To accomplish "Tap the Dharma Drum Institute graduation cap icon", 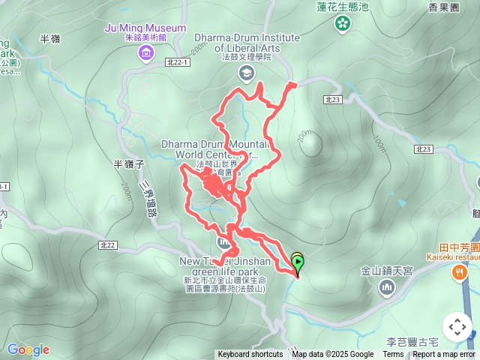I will click(x=245, y=72).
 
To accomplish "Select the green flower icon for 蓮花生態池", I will click(x=343, y=23).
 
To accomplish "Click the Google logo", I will click(x=28, y=349).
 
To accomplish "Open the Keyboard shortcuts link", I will click(x=250, y=355).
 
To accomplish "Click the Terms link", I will click(x=393, y=355).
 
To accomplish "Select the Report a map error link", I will click(x=445, y=355).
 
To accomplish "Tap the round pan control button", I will click(x=457, y=327).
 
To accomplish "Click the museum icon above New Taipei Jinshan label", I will click(x=224, y=243).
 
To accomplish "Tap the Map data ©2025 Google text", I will click(x=332, y=355).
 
